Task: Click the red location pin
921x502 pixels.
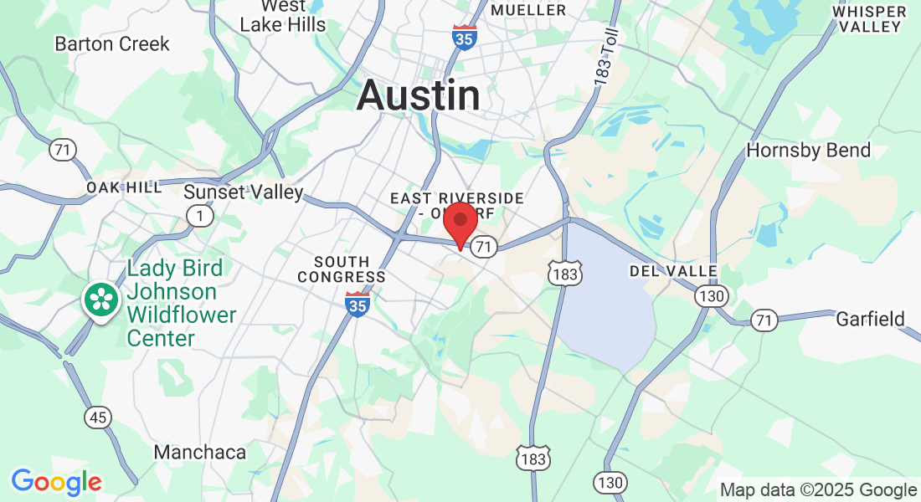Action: click(460, 223)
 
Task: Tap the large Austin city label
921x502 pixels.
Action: click(419, 96)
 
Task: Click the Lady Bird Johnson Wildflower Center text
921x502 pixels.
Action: click(181, 303)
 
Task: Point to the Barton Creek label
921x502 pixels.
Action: click(112, 44)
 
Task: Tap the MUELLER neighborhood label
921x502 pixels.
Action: click(528, 10)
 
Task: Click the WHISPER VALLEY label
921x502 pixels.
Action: click(870, 18)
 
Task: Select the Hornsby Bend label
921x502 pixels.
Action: click(808, 151)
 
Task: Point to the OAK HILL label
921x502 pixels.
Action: click(124, 187)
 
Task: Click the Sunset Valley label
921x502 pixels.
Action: click(244, 192)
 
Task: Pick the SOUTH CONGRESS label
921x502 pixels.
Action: click(342, 269)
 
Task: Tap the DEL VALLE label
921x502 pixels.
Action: click(673, 271)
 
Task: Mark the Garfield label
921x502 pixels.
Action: click(871, 319)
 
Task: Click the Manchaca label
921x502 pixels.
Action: click(200, 453)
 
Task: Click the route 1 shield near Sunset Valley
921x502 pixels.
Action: click(200, 216)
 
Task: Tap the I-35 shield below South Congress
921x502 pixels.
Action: click(358, 303)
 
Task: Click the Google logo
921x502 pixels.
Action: click(56, 481)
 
